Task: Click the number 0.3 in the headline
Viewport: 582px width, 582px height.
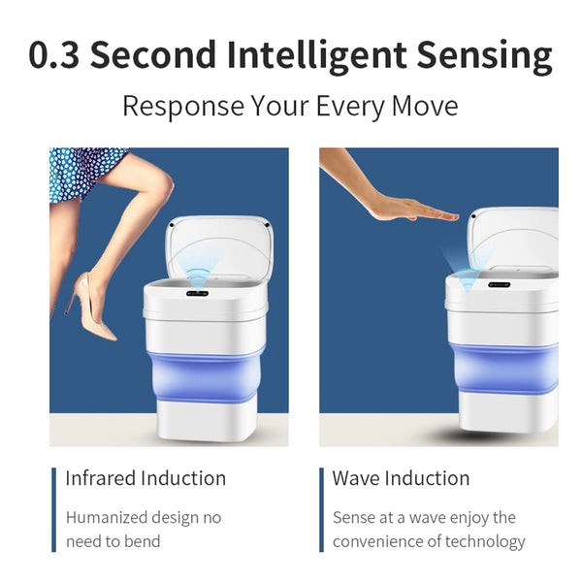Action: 53,54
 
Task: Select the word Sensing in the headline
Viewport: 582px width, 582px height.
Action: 485,57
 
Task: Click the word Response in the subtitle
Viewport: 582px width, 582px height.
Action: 183,107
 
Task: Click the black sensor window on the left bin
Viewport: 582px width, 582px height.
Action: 197,294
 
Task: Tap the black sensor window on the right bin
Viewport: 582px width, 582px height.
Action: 500,284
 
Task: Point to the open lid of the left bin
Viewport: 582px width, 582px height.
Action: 219,246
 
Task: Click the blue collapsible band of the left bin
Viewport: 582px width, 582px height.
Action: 206,374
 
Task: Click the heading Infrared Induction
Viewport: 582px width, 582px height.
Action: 145,478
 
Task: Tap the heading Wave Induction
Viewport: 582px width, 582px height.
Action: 401,478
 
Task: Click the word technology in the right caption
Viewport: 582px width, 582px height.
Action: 485,542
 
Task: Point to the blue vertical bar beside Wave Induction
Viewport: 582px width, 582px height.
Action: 321,510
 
